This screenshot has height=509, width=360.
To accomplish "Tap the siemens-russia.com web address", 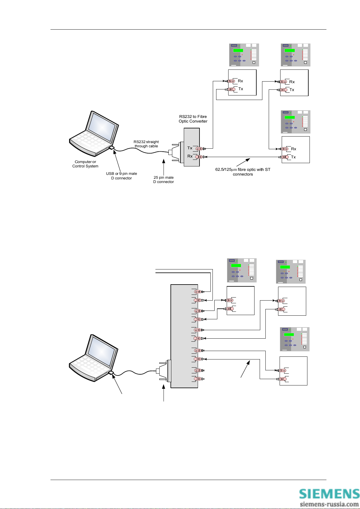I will pyautogui.click(x=329, y=504).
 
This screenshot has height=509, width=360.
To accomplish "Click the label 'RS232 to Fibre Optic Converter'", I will pyautogui.click(x=193, y=119).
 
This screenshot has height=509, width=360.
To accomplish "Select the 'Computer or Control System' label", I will pyautogui.click(x=85, y=164).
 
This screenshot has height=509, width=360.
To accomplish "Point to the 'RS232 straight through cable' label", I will pyautogui.click(x=146, y=144).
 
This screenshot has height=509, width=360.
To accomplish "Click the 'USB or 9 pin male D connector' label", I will pyautogui.click(x=122, y=176).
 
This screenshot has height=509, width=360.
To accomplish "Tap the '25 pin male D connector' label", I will pyautogui.click(x=164, y=180).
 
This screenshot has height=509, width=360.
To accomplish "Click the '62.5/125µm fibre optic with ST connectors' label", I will pyautogui.click(x=243, y=172).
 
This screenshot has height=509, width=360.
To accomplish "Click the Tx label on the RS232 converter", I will pyautogui.click(x=190, y=148).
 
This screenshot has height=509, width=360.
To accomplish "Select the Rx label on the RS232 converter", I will pyautogui.click(x=190, y=156).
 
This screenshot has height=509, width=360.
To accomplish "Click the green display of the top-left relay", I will pyautogui.click(x=238, y=50).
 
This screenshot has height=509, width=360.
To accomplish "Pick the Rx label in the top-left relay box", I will pyautogui.click(x=240, y=81).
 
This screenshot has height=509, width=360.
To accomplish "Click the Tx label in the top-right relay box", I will pyautogui.click(x=292, y=90).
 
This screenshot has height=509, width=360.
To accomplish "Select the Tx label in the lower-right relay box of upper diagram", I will pyautogui.click(x=293, y=157).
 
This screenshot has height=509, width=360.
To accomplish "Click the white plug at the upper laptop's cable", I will pyautogui.click(x=111, y=148).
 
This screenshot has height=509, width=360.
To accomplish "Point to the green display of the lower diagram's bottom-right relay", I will pyautogui.click(x=289, y=334).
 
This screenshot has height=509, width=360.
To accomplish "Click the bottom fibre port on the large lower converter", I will pyautogui.click(x=198, y=379).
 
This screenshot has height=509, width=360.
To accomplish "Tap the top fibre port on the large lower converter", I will pyautogui.click(x=198, y=292).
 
